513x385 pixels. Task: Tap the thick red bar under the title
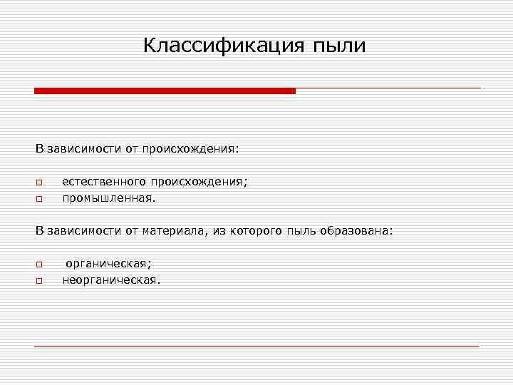tap(165, 91)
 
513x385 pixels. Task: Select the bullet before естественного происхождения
tap(40, 183)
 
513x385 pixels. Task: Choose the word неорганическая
tap(111, 280)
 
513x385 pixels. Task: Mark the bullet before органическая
tap(40, 265)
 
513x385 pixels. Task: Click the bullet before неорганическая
tap(40, 281)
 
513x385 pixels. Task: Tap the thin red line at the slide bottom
tap(256, 346)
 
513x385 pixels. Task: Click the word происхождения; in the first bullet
tap(199, 182)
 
